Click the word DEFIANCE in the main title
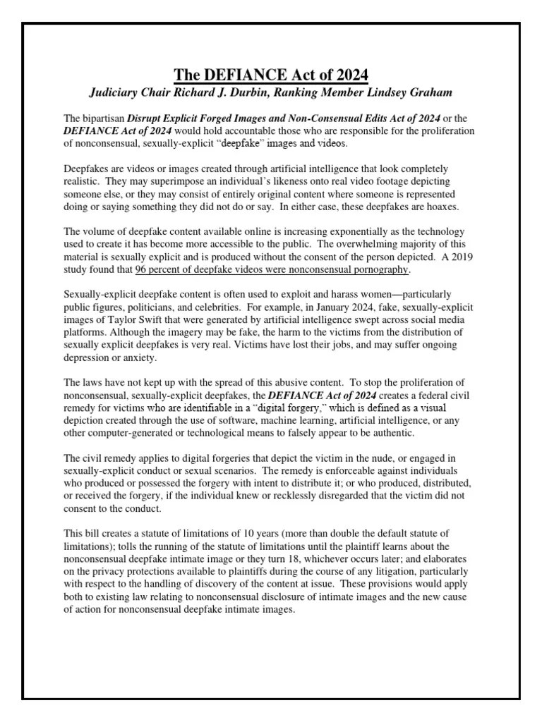[239, 75]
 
